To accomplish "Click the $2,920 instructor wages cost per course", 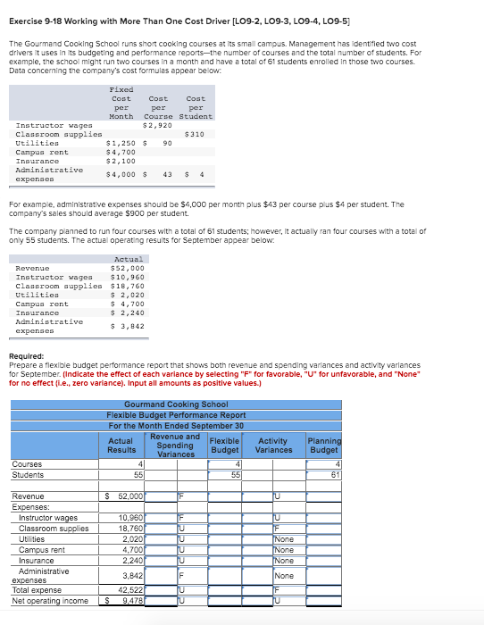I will tap(157, 125).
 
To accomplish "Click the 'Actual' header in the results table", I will tap(129, 259).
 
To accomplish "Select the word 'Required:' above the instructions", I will tap(26, 358).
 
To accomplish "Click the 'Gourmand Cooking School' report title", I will tap(176, 404).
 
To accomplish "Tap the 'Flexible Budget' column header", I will tap(223, 444).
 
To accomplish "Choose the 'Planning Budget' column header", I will tap(322, 444).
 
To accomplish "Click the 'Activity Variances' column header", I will tap(273, 444).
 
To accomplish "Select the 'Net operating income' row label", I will tap(50, 601).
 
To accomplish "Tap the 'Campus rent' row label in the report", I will tap(42, 550).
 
